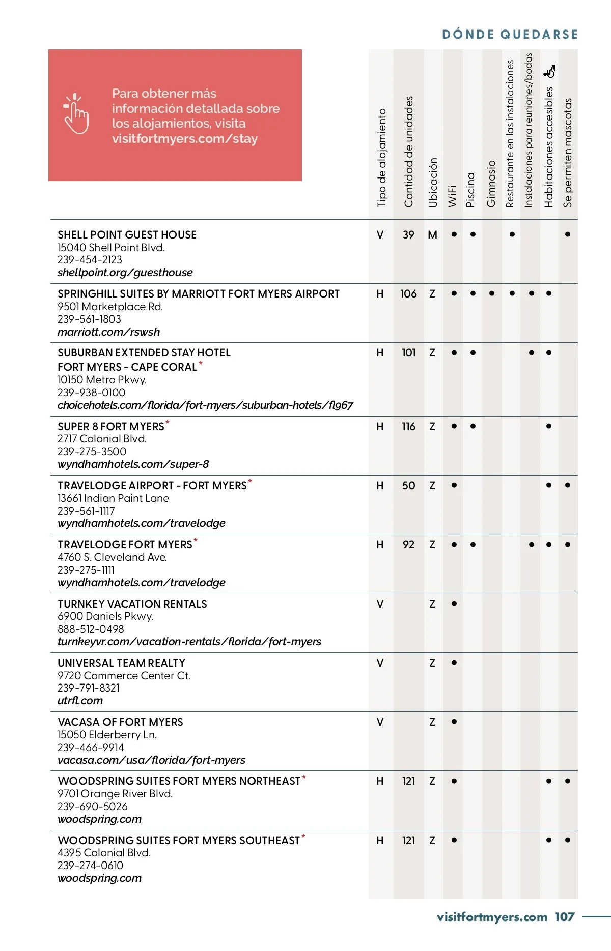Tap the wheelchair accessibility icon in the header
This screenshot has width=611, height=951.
pyautogui.click(x=549, y=71)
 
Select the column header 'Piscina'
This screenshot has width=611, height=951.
pyautogui.click(x=470, y=190)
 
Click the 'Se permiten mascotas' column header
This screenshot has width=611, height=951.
pyautogui.click(x=568, y=153)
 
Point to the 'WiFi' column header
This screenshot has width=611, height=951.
pyautogui.click(x=452, y=196)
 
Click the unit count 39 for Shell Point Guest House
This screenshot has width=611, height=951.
pyautogui.click(x=408, y=235)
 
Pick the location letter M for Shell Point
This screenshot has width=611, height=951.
pyautogui.click(x=432, y=235)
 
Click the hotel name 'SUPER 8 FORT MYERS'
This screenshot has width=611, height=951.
pyautogui.click(x=111, y=427)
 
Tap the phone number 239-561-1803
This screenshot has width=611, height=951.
pyautogui.click(x=89, y=319)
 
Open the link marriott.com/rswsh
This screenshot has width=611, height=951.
pyautogui.click(x=108, y=332)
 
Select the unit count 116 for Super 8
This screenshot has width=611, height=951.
pyautogui.click(x=408, y=427)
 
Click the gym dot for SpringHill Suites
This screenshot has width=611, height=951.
pyautogui.click(x=492, y=293)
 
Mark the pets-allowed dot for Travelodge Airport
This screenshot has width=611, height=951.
pyautogui.click(x=568, y=485)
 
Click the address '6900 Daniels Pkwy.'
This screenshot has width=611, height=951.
pyautogui.click(x=105, y=616)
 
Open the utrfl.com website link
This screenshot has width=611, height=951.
pyautogui.click(x=80, y=701)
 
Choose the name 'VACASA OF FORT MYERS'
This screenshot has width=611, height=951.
pyautogui.click(x=120, y=722)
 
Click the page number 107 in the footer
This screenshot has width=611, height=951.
pyautogui.click(x=565, y=917)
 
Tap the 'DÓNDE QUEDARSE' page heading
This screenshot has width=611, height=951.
pyautogui.click(x=510, y=35)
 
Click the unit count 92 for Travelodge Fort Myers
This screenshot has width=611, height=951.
pyautogui.click(x=408, y=545)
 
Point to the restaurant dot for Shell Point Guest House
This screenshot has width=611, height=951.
pyautogui.click(x=512, y=234)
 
